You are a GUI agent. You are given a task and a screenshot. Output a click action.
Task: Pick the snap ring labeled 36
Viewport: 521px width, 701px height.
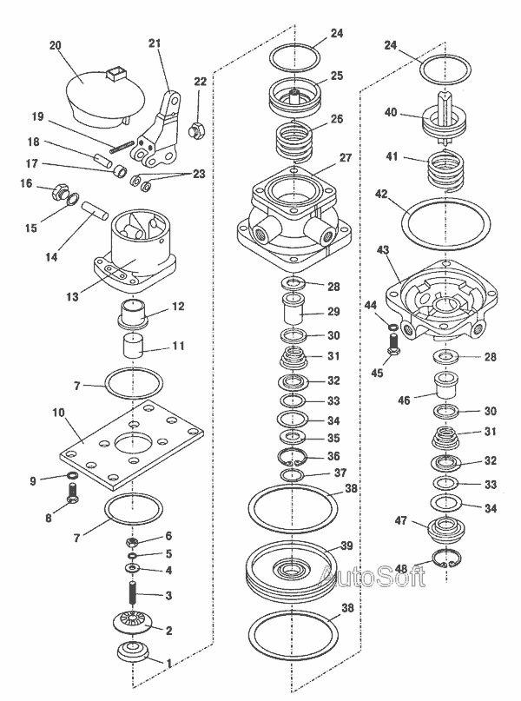click(x=292, y=457)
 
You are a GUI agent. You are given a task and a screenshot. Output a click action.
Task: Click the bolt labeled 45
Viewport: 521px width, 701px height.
click(x=392, y=344)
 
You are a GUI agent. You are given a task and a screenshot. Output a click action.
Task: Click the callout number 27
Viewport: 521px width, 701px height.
click(x=346, y=158)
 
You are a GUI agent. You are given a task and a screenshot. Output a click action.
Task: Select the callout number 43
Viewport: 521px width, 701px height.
click(x=383, y=250)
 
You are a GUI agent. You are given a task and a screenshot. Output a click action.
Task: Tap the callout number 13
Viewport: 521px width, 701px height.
click(x=72, y=297)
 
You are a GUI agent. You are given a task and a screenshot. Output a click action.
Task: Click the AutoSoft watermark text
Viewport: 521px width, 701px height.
click(x=373, y=575)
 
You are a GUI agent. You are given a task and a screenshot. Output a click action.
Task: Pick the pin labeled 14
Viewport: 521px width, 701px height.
click(x=95, y=209)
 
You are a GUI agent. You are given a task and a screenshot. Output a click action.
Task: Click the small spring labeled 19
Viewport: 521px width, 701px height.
click(x=122, y=147)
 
